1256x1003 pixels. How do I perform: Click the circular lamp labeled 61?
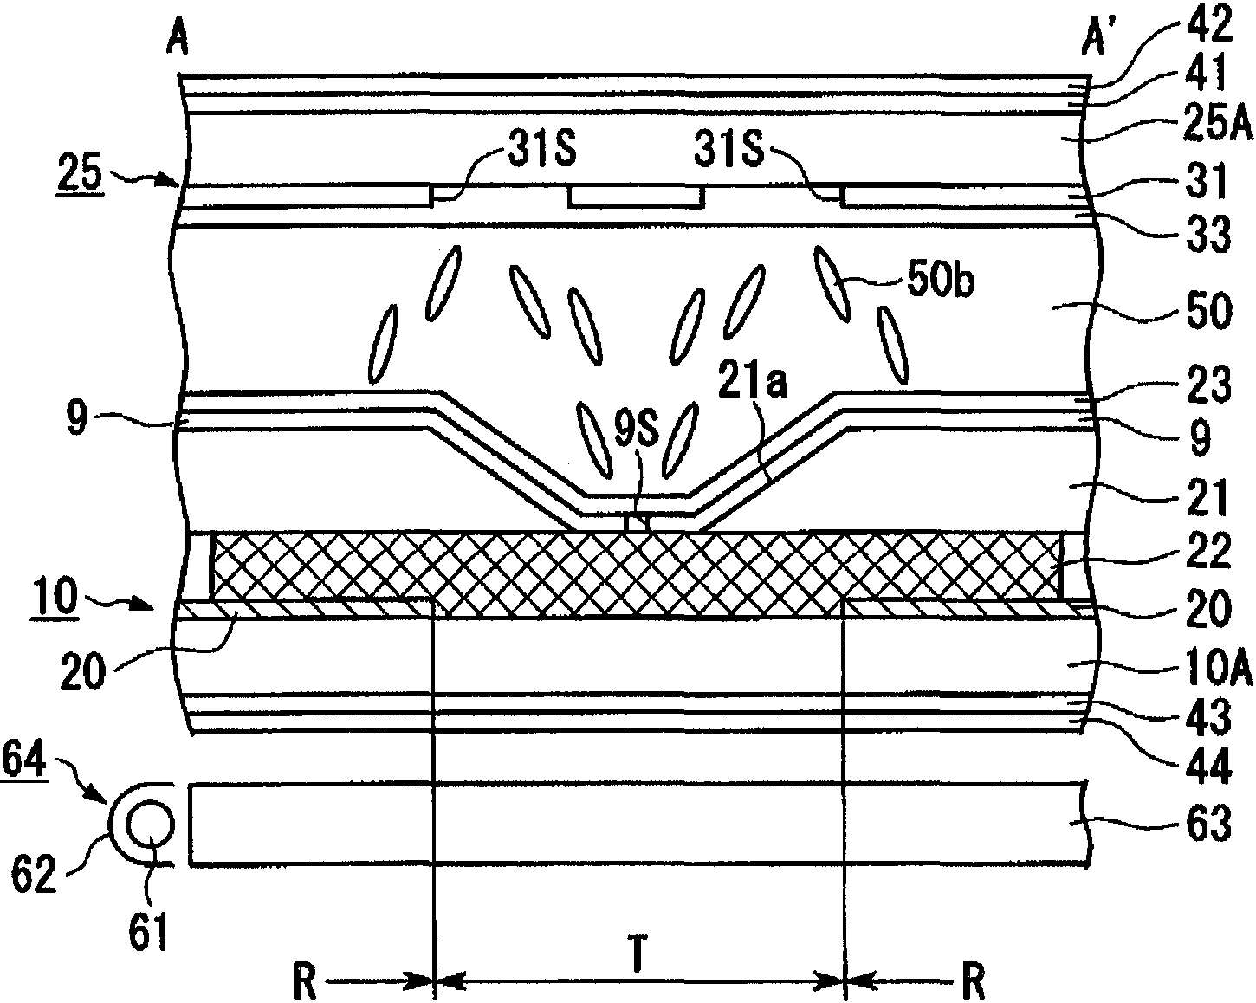(x=150, y=825)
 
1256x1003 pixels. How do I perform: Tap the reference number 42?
(x=1206, y=23)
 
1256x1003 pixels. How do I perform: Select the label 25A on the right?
(x=1218, y=123)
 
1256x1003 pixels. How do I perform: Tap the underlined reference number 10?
(x=55, y=596)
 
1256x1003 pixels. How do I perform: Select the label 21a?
(x=753, y=379)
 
